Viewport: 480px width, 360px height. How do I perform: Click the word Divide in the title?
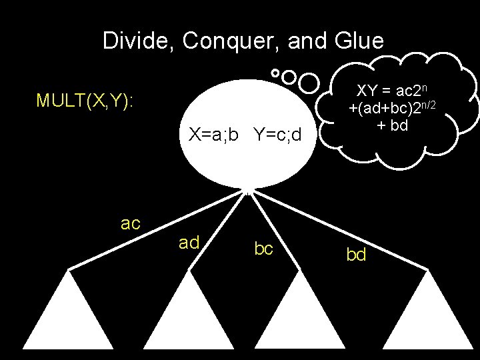(135, 41)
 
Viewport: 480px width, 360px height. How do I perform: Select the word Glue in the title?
(358, 41)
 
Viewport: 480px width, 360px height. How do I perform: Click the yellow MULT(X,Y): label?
(85, 101)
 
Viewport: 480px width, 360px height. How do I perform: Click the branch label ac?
(131, 223)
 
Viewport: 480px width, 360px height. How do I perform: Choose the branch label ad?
(189, 243)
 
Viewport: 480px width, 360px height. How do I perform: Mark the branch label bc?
(264, 249)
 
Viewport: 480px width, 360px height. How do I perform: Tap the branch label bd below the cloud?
(356, 255)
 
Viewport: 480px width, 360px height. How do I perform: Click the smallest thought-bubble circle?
(275, 72)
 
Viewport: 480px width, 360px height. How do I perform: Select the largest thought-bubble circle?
(309, 83)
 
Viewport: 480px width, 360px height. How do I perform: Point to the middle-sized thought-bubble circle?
(289, 77)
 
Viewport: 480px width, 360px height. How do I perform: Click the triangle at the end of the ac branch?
(69, 320)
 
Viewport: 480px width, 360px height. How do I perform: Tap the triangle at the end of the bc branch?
(303, 320)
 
